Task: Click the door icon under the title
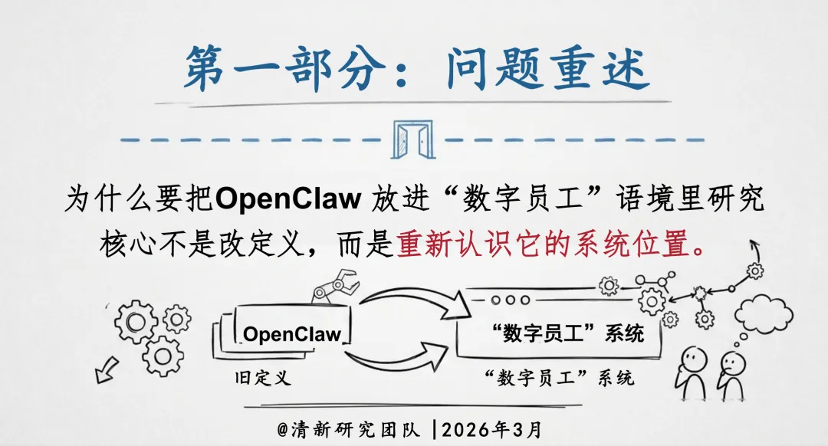point(414,139)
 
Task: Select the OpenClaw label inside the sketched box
point(292,334)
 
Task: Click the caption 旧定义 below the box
point(263,378)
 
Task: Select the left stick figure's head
point(694,356)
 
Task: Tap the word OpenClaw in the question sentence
point(288,198)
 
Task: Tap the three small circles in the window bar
point(506,300)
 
